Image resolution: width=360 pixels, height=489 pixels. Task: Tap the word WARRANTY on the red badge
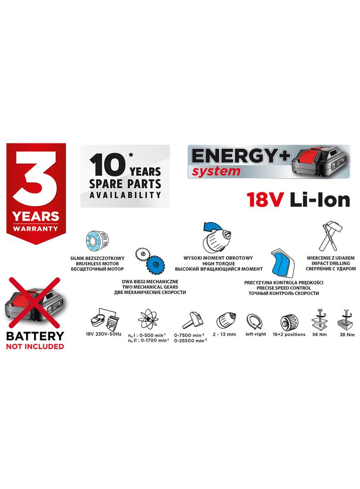(35, 228)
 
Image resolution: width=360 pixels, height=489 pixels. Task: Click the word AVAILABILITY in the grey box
(125, 194)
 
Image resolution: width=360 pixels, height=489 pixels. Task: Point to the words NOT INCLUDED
(35, 346)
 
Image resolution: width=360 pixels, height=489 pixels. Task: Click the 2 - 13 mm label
(225, 334)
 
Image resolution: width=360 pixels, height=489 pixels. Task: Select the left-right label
(256, 334)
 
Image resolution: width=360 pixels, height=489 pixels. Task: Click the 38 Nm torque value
(347, 335)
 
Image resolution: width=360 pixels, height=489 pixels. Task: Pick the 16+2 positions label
(289, 334)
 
